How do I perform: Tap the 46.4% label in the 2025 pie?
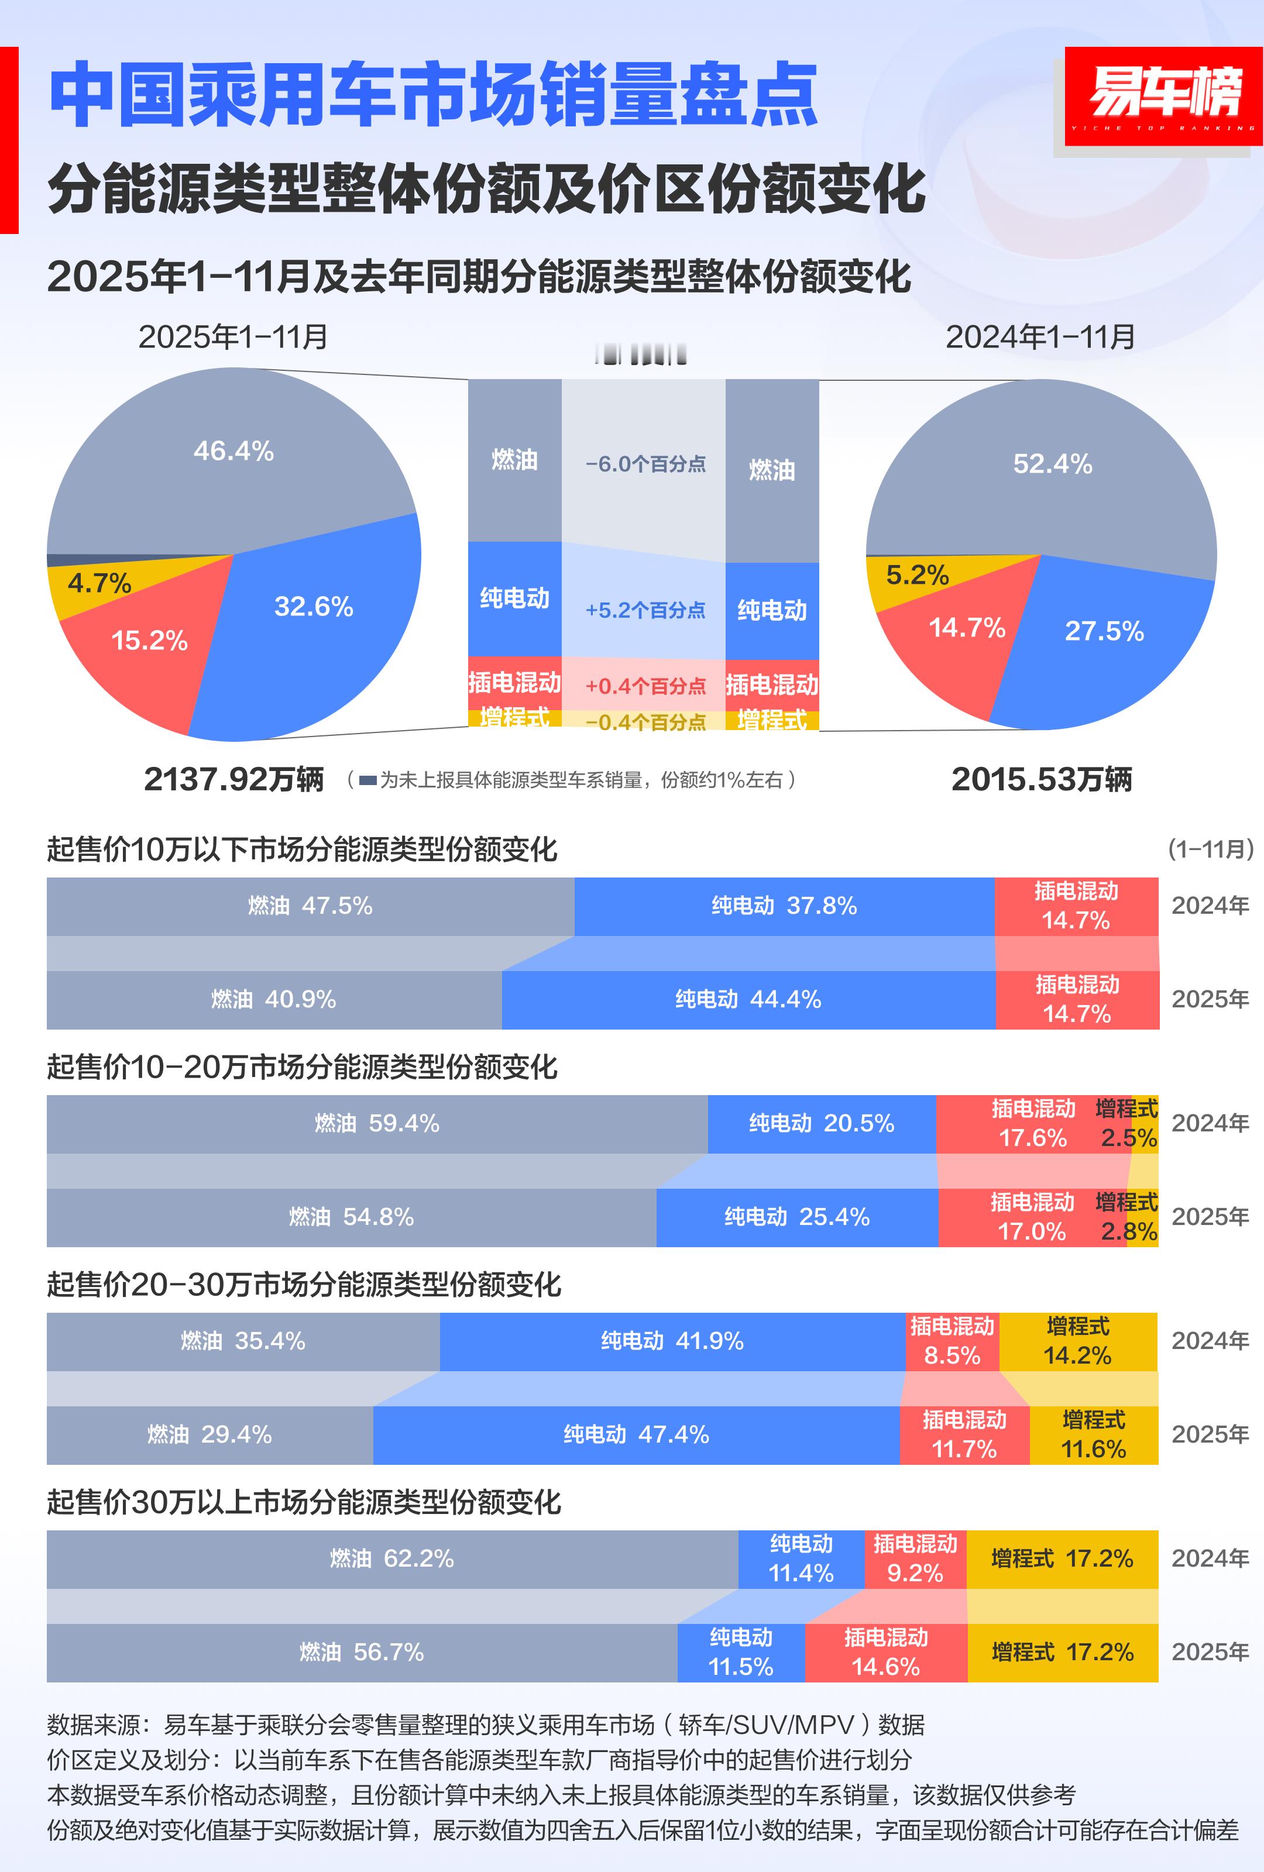[x=233, y=451]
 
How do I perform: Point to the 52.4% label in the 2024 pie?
[x=1052, y=464]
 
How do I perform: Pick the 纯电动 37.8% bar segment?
[x=784, y=906]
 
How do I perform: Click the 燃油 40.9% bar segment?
[x=273, y=1000]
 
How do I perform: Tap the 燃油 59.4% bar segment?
[x=376, y=1124]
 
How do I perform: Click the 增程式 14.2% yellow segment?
[x=1077, y=1342]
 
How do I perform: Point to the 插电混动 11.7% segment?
[x=964, y=1436]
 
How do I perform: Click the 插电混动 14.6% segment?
[x=885, y=1653]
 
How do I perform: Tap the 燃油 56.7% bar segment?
[x=361, y=1653]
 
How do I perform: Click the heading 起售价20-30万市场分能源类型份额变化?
[x=304, y=1285]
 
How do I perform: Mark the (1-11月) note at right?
[x=1210, y=849]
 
